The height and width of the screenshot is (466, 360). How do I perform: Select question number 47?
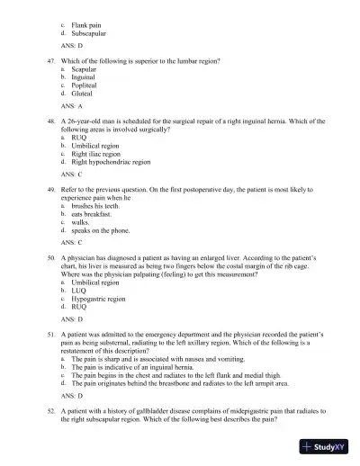[51, 59]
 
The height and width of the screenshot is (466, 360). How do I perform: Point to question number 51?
[51, 333]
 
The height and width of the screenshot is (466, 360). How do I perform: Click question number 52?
[51, 409]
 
